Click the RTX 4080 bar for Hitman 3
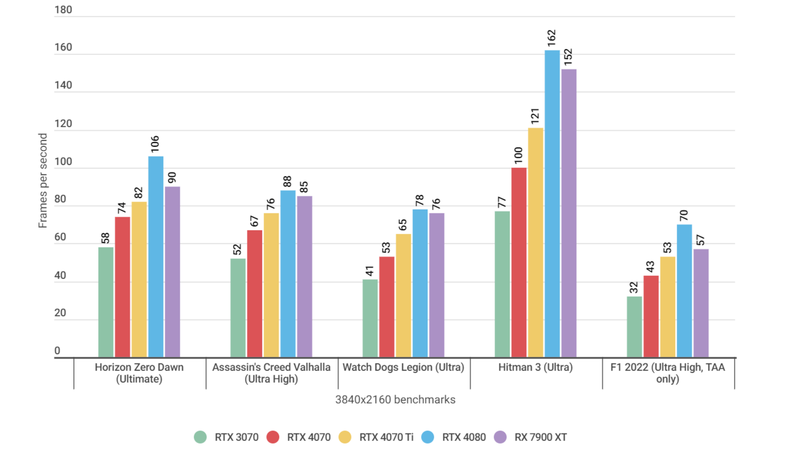(552, 204)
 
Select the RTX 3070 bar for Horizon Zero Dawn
(106, 302)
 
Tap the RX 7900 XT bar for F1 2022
(701, 303)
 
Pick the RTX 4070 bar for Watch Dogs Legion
(386, 307)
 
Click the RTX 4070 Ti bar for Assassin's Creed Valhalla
(271, 285)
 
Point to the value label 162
(551, 37)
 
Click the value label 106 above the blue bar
(155, 144)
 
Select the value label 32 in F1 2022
(634, 288)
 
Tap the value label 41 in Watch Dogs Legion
(369, 270)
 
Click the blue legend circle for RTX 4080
(428, 437)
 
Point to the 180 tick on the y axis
(63, 10)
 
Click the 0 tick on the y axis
(57, 351)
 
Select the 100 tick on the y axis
(63, 161)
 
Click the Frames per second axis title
(43, 181)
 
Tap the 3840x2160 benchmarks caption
(395, 400)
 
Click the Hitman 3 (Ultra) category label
(535, 367)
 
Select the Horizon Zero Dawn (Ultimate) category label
(139, 373)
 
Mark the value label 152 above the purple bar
(568, 57)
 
